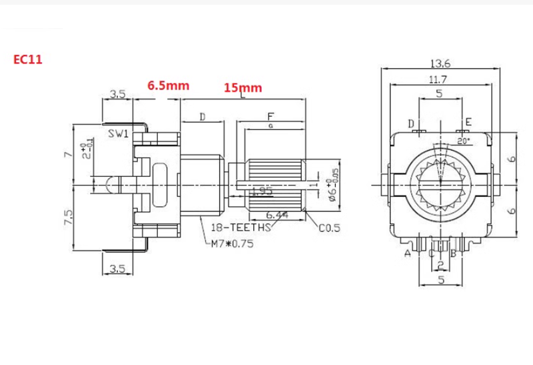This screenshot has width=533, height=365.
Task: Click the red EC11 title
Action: [x=29, y=59]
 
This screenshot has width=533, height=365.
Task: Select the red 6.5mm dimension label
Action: [x=169, y=85]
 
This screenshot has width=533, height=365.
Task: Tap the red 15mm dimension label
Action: [x=243, y=87]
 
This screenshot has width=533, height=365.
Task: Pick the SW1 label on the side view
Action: [x=118, y=134]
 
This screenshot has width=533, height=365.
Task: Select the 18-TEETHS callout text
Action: [x=241, y=228]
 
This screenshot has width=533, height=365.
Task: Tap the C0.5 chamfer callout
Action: [x=330, y=228]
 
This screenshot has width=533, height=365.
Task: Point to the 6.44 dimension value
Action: [x=276, y=215]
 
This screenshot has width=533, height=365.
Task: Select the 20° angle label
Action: [x=464, y=141]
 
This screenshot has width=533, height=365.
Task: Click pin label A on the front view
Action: [x=406, y=253]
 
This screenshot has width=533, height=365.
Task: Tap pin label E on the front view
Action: [x=468, y=123]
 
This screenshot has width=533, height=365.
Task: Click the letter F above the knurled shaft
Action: [x=270, y=115]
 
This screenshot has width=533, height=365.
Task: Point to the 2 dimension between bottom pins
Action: [x=440, y=265]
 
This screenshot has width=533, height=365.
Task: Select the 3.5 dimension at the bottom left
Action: [x=117, y=270]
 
